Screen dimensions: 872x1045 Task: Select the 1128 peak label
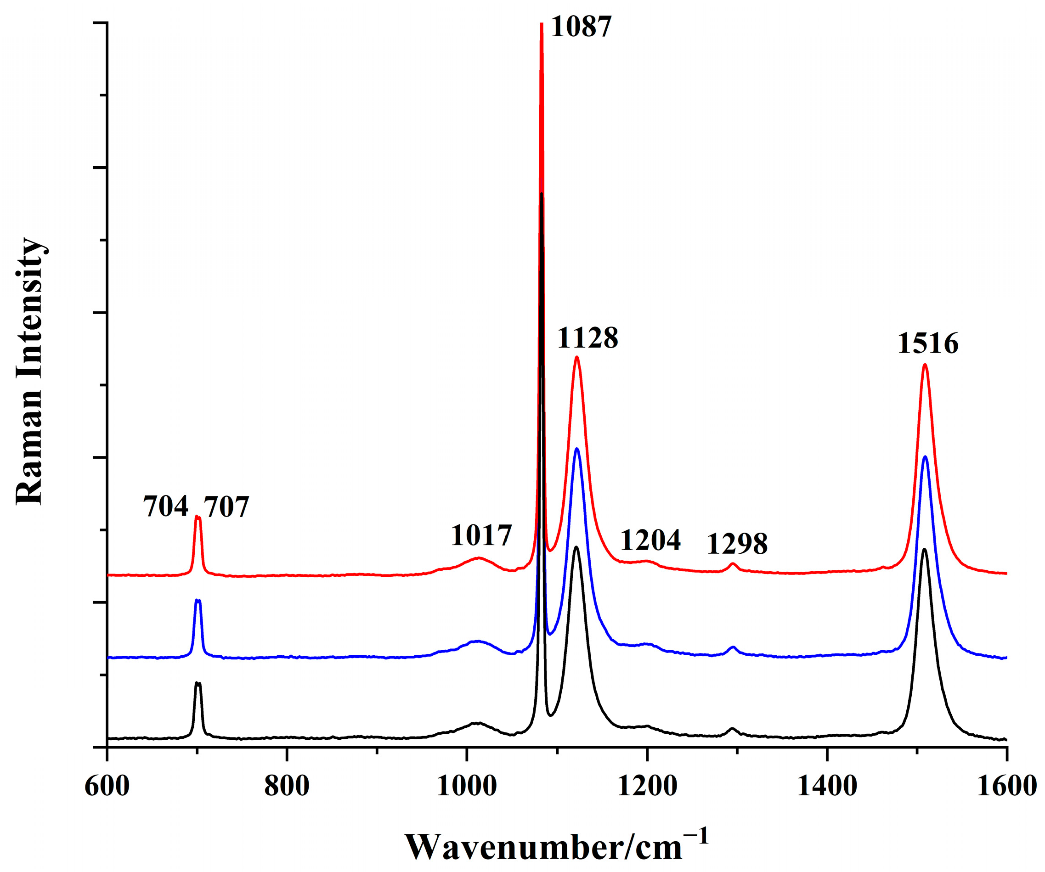point(587,339)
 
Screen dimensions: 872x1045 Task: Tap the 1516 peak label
point(927,344)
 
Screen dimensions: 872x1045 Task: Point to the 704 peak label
point(166,507)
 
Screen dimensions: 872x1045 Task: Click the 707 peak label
point(226,508)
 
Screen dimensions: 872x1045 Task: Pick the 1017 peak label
point(481,536)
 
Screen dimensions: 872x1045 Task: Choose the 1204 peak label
point(650,541)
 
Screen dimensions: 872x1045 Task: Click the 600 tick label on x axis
point(107,787)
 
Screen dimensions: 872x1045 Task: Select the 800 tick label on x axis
point(287,787)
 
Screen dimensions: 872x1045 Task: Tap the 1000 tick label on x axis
point(466,787)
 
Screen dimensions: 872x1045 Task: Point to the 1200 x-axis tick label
point(646,787)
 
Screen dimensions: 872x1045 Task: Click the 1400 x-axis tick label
point(826,787)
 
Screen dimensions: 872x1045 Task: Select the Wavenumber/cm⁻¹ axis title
point(556,846)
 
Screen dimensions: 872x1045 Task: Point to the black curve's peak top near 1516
point(925,549)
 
